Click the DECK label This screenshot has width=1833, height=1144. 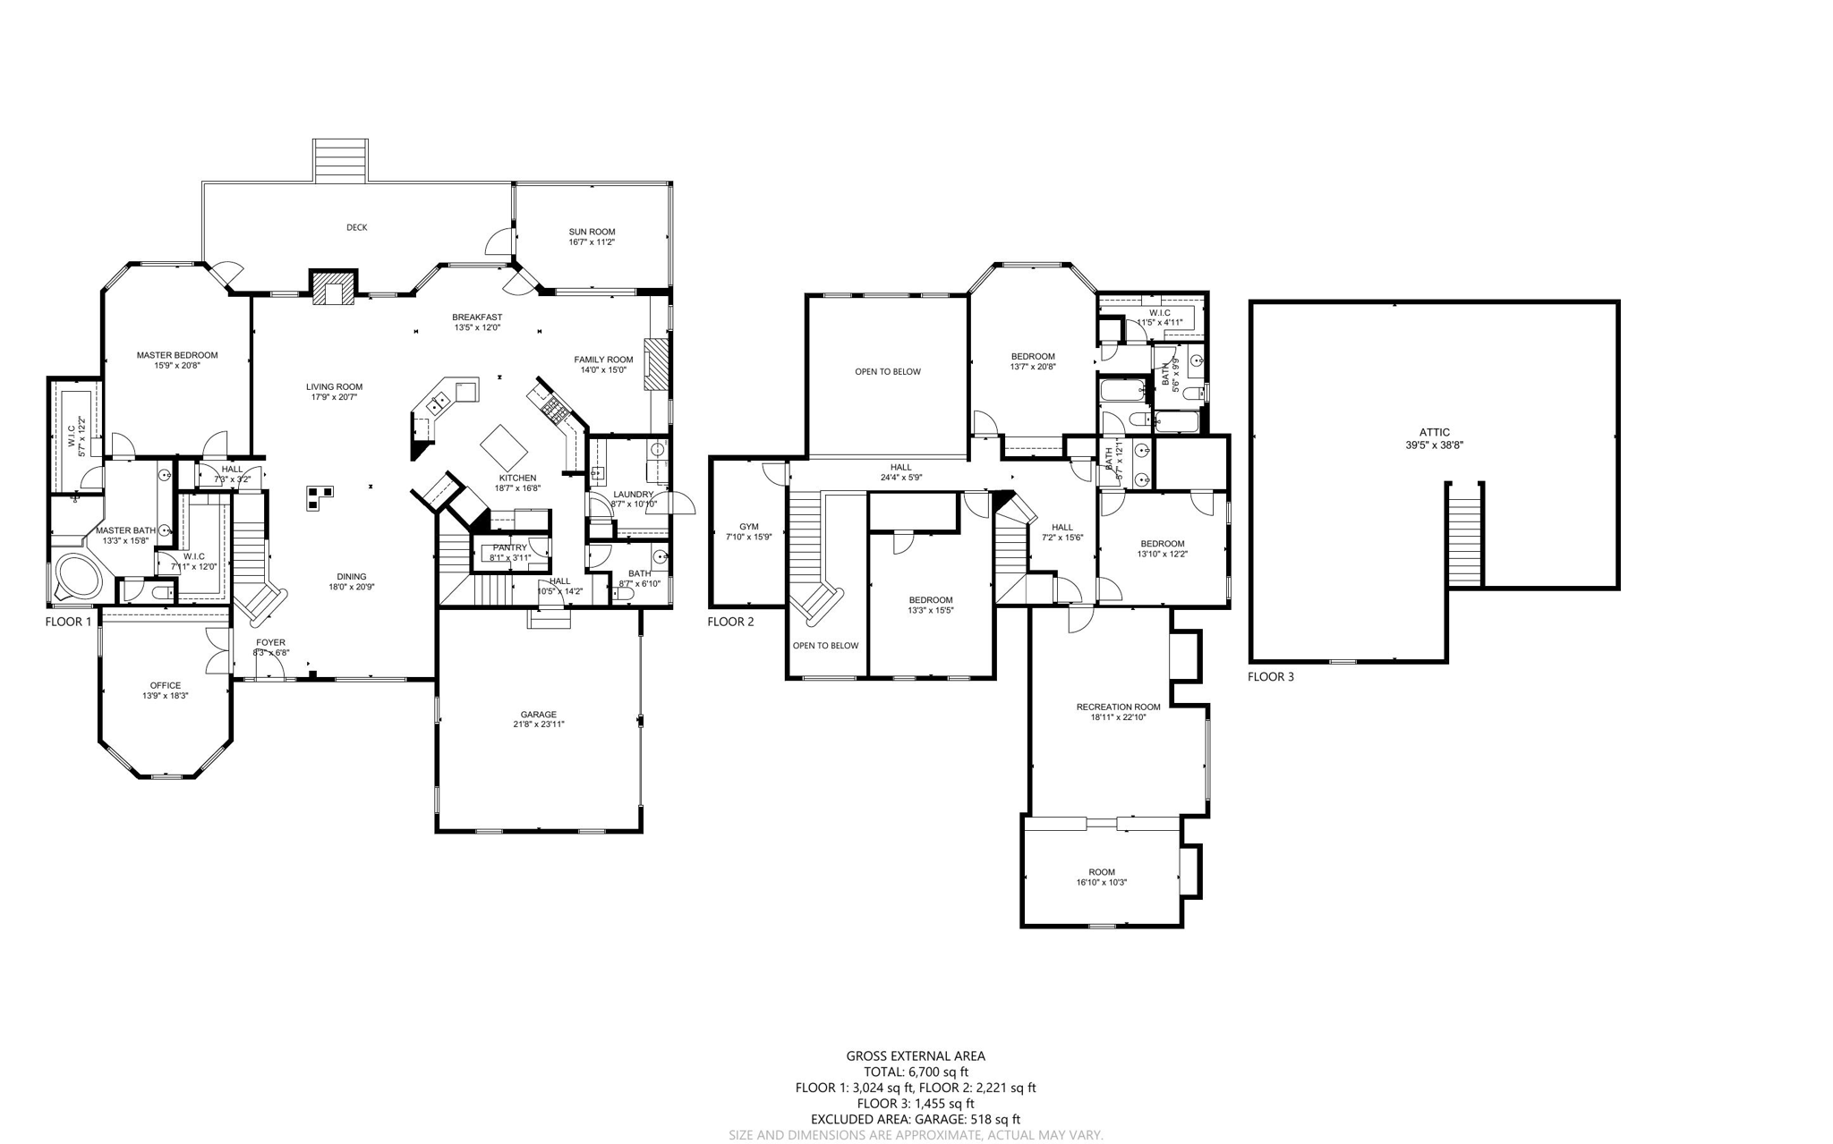[x=356, y=227]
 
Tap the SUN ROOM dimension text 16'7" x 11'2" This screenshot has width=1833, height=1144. [x=592, y=242]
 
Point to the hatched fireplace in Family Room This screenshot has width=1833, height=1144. [x=657, y=363]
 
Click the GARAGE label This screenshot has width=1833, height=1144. [x=538, y=714]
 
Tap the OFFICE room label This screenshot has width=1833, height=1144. [x=165, y=685]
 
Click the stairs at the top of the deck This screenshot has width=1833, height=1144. [x=340, y=161]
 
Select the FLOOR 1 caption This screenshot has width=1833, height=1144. [x=68, y=621]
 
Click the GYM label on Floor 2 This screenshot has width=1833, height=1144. [x=748, y=527]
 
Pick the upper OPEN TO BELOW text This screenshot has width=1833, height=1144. [x=887, y=371]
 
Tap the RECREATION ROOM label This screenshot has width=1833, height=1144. [x=1118, y=707]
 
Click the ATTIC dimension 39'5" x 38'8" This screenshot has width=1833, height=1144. [x=1434, y=445]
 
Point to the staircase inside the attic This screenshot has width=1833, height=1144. [x=1465, y=534]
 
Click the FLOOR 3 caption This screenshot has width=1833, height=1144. [x=1270, y=676]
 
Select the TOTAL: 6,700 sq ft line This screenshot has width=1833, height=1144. [x=916, y=1072]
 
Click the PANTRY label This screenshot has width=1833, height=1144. [x=509, y=547]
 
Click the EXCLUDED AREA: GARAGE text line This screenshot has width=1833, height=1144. [x=915, y=1119]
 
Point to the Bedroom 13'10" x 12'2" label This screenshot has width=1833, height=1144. [x=1162, y=544]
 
